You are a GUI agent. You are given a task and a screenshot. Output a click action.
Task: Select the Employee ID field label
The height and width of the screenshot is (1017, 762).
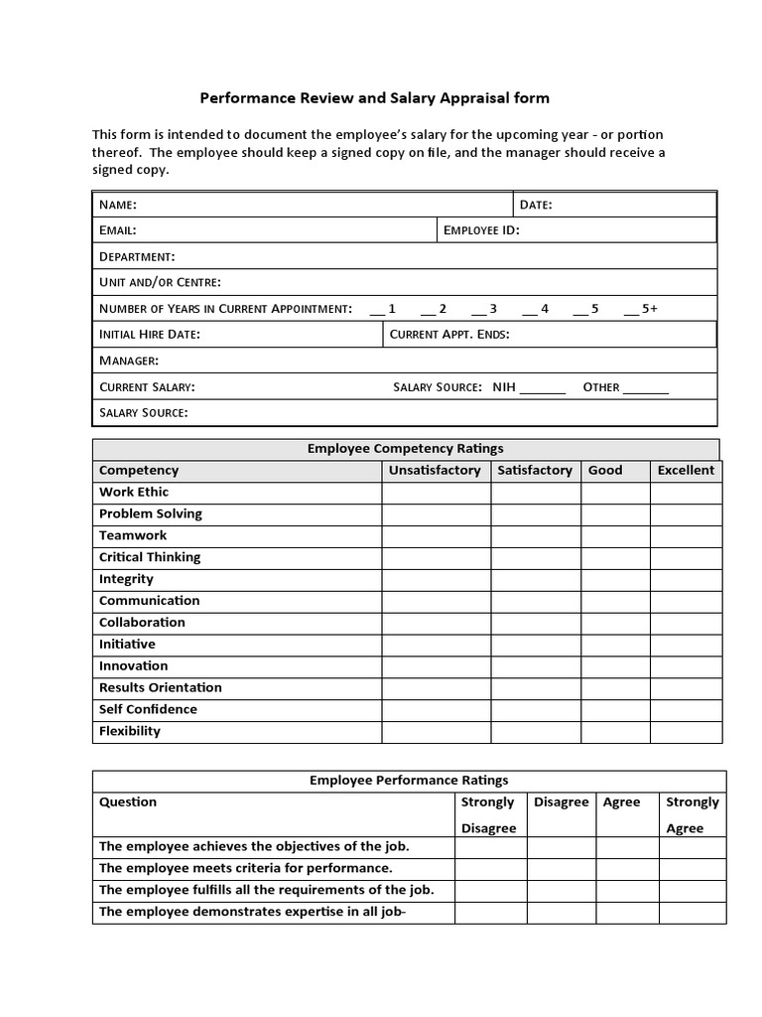[x=481, y=230]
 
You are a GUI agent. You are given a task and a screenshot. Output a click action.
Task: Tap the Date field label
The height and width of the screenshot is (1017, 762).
[x=536, y=206]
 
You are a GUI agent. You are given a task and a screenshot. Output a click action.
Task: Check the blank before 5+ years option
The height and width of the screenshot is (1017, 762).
[x=631, y=310]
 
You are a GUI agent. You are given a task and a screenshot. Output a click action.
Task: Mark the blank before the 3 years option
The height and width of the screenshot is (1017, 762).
[x=478, y=310]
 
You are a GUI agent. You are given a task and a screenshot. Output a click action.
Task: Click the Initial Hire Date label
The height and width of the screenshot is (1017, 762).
[x=150, y=335]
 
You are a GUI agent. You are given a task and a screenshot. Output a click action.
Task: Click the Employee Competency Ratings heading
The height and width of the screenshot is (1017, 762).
[x=405, y=449]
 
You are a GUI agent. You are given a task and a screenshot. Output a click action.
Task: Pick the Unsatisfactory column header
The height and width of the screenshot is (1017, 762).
[x=435, y=471]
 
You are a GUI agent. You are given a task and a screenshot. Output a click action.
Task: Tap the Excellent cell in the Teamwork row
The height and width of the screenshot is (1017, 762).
[x=686, y=536]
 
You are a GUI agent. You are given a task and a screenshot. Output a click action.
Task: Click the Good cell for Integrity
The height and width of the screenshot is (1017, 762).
[x=615, y=580]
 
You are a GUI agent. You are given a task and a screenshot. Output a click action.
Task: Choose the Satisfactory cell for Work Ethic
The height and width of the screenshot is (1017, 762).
[x=536, y=493]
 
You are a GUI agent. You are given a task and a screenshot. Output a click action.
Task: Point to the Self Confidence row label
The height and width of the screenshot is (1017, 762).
[x=148, y=709]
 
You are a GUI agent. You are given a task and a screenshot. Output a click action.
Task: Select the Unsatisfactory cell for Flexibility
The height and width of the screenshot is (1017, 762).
[x=436, y=732]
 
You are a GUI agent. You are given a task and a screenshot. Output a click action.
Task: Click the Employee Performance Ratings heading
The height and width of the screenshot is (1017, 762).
[x=409, y=781]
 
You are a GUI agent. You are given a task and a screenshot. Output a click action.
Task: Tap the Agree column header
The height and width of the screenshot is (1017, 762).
[x=622, y=802]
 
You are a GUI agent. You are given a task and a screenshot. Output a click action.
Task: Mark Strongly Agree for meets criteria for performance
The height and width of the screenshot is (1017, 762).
[x=693, y=869]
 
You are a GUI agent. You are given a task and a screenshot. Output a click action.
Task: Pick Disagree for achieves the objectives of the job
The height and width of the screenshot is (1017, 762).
[x=561, y=847]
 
